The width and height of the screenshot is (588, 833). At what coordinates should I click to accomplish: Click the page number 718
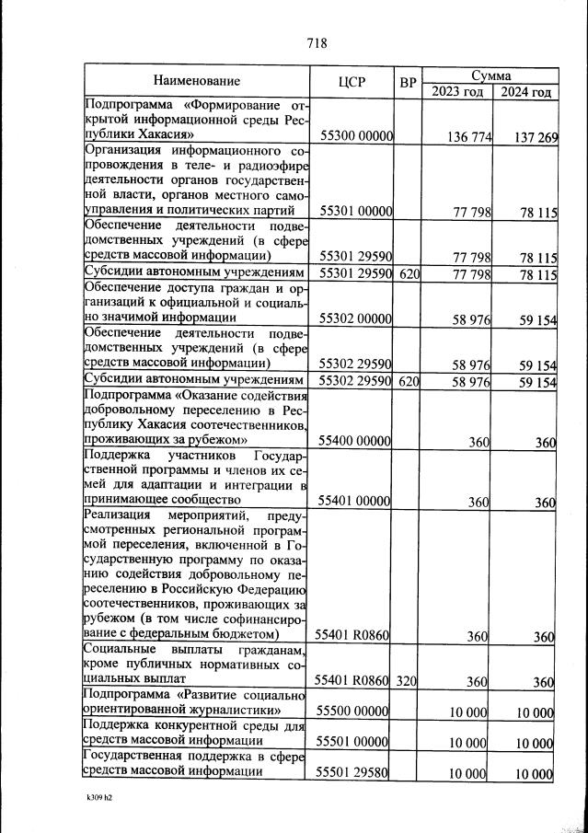point(315,42)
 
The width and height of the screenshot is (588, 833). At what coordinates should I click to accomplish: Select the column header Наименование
point(197,82)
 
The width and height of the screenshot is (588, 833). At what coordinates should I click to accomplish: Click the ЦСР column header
point(352,82)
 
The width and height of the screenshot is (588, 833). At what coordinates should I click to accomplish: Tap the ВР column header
point(409,82)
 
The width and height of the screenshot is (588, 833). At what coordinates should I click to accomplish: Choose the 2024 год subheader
point(526,91)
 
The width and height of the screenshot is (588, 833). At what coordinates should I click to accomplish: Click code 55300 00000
point(356,137)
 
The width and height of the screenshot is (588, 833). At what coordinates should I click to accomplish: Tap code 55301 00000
point(356,213)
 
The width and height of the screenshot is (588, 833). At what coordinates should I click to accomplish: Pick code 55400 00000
point(356,443)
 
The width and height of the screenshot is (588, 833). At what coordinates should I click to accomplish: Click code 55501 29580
point(356,774)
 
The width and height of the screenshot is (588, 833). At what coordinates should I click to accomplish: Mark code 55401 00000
point(356,503)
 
